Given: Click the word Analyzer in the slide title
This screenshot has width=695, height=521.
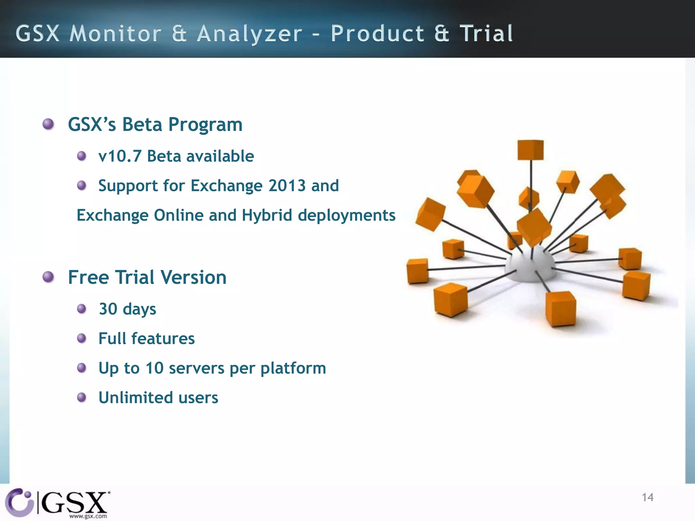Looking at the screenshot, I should (249, 34).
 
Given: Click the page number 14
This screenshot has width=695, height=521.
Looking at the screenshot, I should (647, 497).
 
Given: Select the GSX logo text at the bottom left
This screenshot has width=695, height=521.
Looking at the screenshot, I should (75, 502).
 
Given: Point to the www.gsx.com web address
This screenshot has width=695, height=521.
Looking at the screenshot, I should (88, 516).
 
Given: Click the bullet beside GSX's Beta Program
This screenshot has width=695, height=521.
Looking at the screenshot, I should (48, 124).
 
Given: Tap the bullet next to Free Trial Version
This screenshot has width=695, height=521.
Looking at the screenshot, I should (48, 277).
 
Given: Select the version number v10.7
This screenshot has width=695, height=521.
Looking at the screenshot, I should (119, 156).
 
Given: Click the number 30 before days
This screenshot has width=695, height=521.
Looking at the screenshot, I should (108, 309).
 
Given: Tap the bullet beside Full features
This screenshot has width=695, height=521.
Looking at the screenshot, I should (81, 338).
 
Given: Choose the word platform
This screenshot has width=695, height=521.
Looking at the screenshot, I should (293, 368).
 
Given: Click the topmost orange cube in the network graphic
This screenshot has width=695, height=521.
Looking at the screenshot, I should (530, 150).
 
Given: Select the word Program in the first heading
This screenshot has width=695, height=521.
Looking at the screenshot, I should (205, 125).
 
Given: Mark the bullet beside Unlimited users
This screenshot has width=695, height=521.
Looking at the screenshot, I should (81, 397).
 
